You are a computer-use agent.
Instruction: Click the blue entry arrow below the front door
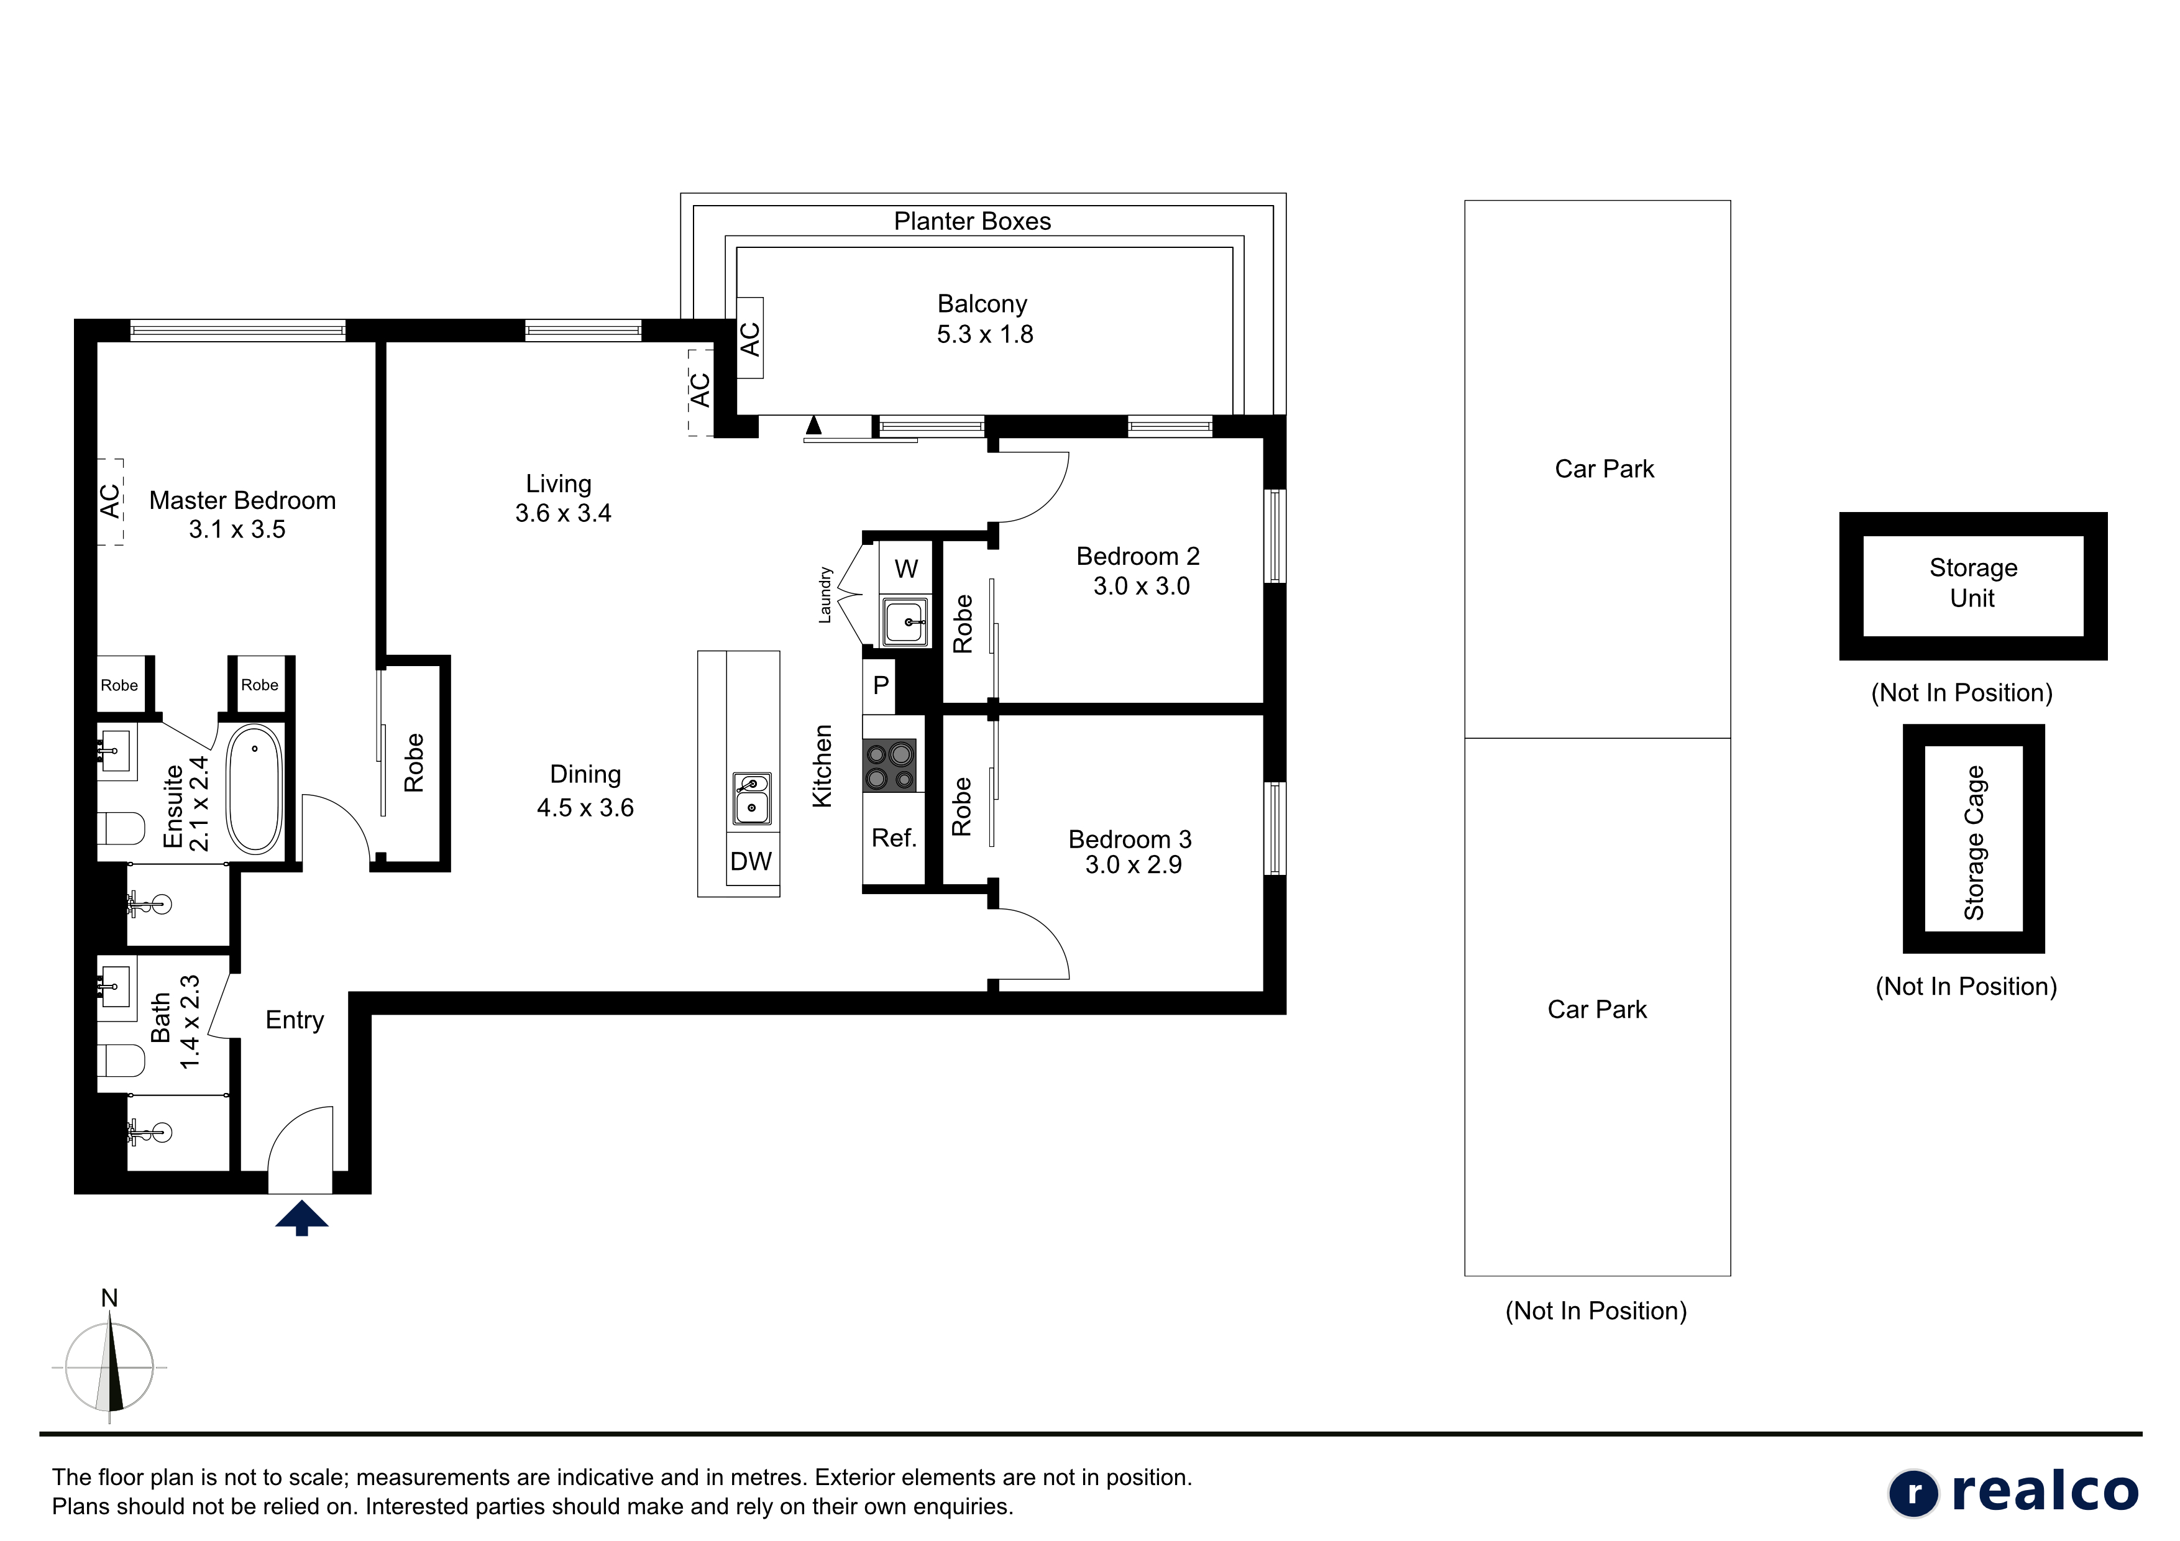(x=302, y=1217)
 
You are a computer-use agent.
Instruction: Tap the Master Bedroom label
(x=242, y=500)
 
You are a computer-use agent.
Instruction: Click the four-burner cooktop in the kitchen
(x=890, y=766)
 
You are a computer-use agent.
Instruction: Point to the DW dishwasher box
(x=751, y=861)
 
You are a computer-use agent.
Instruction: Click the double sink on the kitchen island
(x=751, y=798)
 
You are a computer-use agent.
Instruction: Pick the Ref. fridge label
(x=894, y=838)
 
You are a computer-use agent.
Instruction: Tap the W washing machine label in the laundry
(x=906, y=569)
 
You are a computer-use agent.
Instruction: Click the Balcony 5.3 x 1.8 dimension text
(x=984, y=334)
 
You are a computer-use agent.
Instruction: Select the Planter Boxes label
(x=973, y=221)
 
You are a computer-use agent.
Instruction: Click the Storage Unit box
(x=1973, y=586)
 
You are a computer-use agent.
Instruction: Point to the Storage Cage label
(x=1974, y=842)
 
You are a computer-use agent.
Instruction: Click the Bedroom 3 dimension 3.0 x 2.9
(x=1134, y=865)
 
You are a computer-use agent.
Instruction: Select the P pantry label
(x=881, y=685)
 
